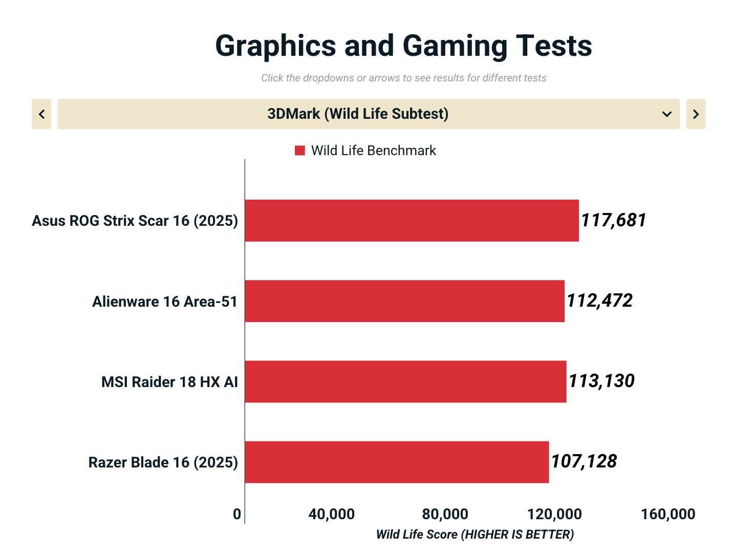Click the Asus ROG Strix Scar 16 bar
pos(412,221)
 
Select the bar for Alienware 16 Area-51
pos(404,301)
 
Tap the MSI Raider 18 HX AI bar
pos(405,381)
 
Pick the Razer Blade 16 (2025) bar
pos(397,462)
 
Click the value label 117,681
pos(613,220)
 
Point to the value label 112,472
pos(599,301)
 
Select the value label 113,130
pos(601,381)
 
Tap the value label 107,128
pos(584,461)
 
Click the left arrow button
pos(41,114)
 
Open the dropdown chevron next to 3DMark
pos(666,114)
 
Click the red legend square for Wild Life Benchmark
pos(300,151)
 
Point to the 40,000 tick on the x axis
pos(331,514)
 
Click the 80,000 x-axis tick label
pos(445,514)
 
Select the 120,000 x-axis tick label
pos(554,514)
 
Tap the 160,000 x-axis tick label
pos(668,514)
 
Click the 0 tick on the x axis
pos(236,514)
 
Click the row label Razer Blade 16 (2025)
pos(163,462)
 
